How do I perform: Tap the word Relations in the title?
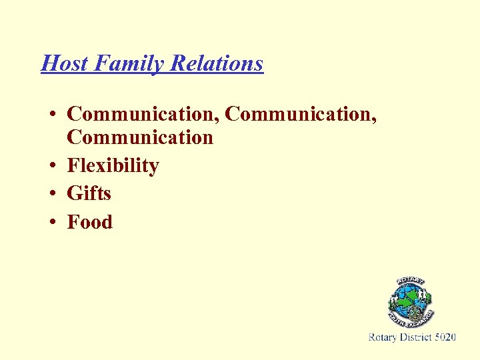(217, 63)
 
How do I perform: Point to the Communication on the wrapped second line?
(140, 137)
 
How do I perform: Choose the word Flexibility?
(113, 165)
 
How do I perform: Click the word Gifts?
(89, 193)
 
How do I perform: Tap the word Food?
(90, 221)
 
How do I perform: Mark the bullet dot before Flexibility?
(51, 166)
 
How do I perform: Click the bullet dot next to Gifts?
(51, 194)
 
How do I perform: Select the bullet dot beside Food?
(51, 222)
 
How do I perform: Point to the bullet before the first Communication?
(51, 114)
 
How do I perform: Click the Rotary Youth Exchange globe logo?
(410, 302)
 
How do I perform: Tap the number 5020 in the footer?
(445, 337)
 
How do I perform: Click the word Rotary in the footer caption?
(383, 337)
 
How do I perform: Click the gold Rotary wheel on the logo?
(417, 311)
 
